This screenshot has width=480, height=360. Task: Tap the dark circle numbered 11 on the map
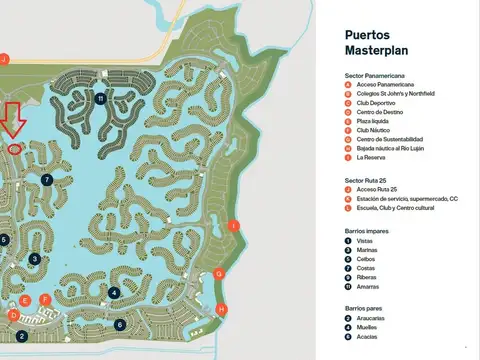pyautogui.click(x=101, y=98)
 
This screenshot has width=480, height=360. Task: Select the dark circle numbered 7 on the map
pyautogui.click(x=47, y=180)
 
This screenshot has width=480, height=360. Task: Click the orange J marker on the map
pyautogui.click(x=4, y=60)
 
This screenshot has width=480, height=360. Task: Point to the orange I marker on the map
pyautogui.click(x=233, y=226)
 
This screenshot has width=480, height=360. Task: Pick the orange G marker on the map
pyautogui.click(x=219, y=274)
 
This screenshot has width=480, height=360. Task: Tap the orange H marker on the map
pyautogui.click(x=222, y=309)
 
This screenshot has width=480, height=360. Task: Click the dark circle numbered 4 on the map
pyautogui.click(x=114, y=293)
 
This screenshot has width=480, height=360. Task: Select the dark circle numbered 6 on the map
pyautogui.click(x=119, y=325)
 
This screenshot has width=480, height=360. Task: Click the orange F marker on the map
pyautogui.click(x=45, y=299)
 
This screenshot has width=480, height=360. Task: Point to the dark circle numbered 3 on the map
pyautogui.click(x=35, y=259)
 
